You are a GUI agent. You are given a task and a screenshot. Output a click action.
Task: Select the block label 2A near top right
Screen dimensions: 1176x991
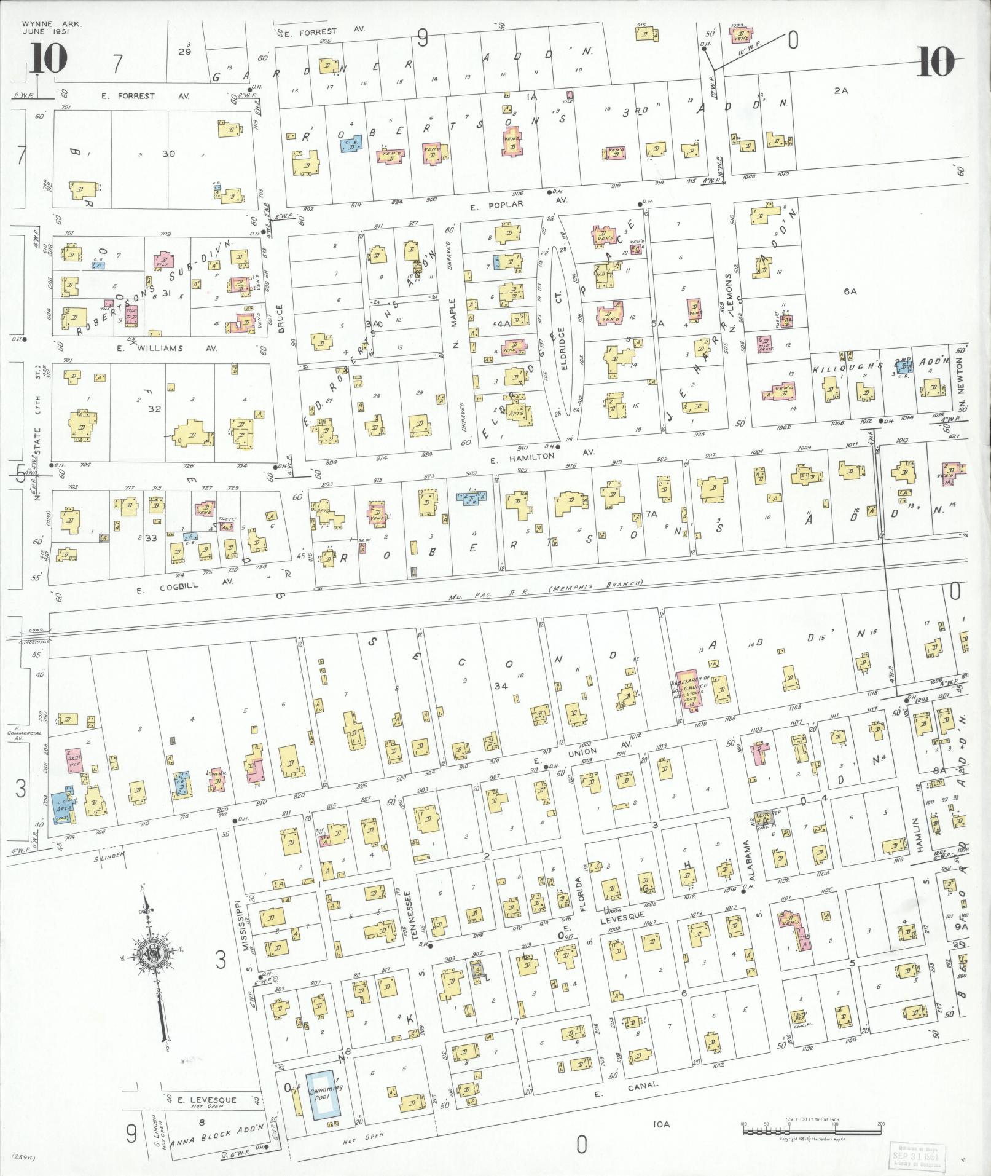click(840, 90)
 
